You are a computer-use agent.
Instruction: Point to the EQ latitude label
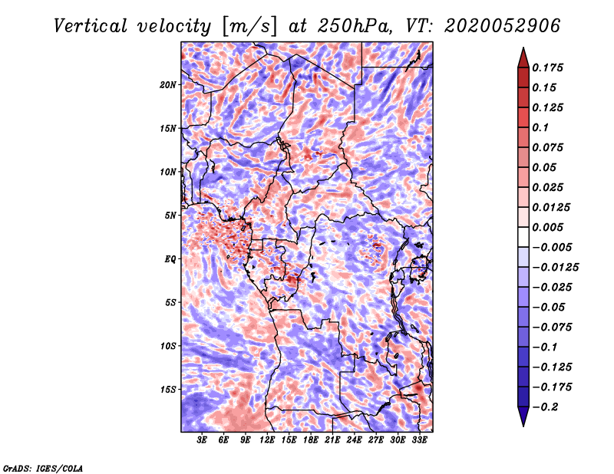point(171,258)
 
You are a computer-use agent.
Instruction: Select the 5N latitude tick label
point(171,215)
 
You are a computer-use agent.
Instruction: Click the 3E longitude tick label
point(203,440)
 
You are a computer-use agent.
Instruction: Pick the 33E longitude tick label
point(419,440)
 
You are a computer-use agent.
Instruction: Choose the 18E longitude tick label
point(311,440)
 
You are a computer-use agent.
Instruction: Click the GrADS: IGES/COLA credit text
point(42,467)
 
